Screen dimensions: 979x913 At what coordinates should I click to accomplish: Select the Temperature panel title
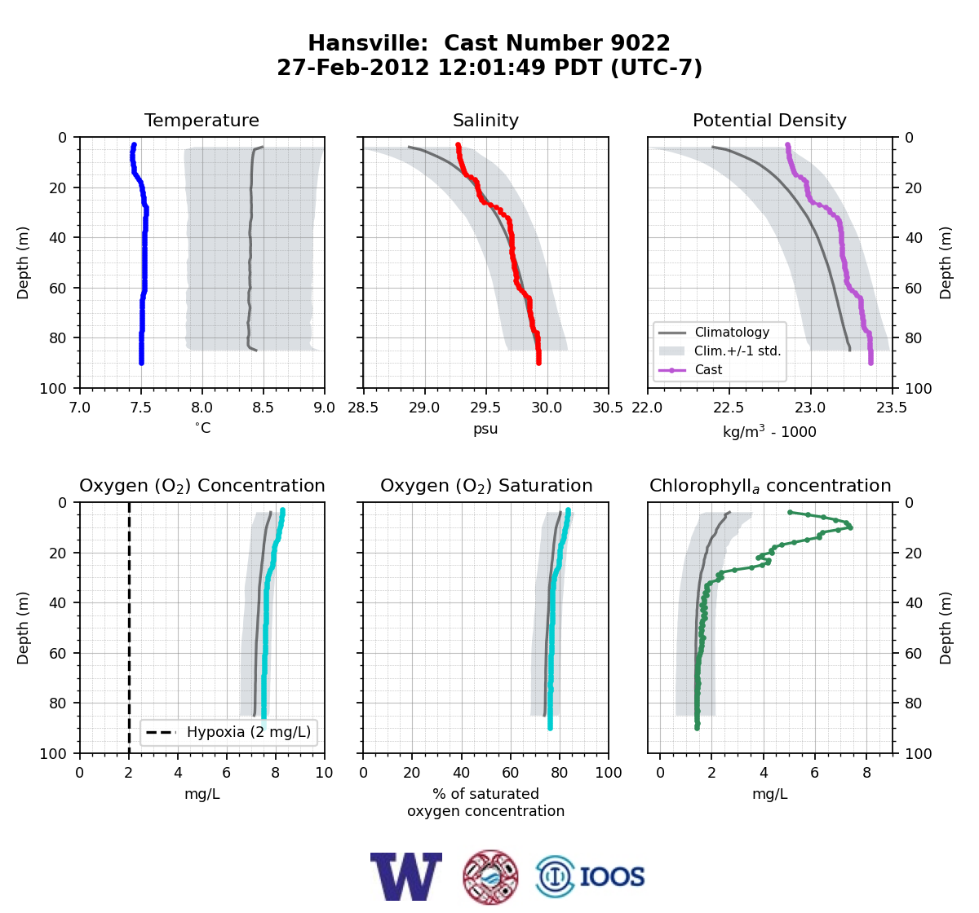202,120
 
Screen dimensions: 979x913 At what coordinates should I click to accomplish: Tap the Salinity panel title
485,120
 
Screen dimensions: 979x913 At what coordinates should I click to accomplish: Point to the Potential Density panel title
769,120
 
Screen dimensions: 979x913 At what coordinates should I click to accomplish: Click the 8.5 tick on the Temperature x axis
263,408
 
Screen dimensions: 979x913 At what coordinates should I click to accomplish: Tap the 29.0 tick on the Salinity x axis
424,408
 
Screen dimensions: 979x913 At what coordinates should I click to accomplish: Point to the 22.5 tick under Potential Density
729,408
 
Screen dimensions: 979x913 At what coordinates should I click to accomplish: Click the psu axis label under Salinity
485,429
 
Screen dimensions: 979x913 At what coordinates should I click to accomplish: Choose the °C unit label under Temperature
202,428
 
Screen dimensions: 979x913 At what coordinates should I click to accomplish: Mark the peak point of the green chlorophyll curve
850,527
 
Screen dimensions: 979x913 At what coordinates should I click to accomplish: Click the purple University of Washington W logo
405,876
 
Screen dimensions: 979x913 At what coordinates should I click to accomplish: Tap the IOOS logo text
612,877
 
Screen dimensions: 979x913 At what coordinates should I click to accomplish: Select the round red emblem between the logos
490,877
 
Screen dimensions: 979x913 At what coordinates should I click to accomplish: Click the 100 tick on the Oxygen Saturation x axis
609,773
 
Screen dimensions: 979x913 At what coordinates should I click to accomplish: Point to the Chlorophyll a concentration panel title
769,486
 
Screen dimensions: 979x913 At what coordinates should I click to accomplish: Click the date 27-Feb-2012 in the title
353,68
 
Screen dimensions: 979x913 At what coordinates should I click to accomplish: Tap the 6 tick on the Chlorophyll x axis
814,773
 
